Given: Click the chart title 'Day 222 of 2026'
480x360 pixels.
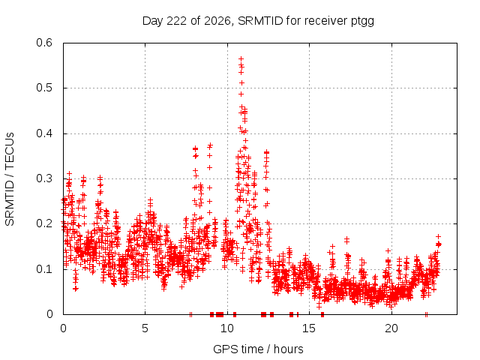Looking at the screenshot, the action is (x=187, y=21).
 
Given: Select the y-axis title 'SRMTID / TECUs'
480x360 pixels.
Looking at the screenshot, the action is (x=10, y=179).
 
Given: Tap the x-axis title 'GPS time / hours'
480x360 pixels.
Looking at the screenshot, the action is (x=258, y=349).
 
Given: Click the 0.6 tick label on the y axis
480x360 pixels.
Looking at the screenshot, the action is (x=44, y=43).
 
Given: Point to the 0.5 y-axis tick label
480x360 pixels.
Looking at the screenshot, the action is (x=44, y=88).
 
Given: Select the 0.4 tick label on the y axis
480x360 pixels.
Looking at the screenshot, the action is (x=44, y=133).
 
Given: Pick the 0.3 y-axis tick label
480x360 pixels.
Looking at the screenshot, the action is (x=44, y=178).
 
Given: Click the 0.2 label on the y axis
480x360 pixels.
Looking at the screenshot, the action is (x=44, y=223).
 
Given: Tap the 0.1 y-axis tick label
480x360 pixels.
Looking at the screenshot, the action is (x=44, y=269).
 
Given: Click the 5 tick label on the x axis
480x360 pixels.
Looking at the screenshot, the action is (x=145, y=328).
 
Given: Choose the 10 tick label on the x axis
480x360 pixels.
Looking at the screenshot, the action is (x=227, y=328).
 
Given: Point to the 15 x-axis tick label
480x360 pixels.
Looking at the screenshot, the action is (x=309, y=328).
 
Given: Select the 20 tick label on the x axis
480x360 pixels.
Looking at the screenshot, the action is (x=391, y=328).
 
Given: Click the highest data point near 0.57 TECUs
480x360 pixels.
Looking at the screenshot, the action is (x=241, y=58).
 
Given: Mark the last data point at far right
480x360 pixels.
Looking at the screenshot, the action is (x=439, y=244).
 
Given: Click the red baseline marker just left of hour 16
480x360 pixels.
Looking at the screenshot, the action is (x=322, y=314).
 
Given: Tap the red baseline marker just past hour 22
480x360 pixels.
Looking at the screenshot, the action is (x=426, y=314).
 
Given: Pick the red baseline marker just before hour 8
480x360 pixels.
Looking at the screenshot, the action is (x=190, y=314).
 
